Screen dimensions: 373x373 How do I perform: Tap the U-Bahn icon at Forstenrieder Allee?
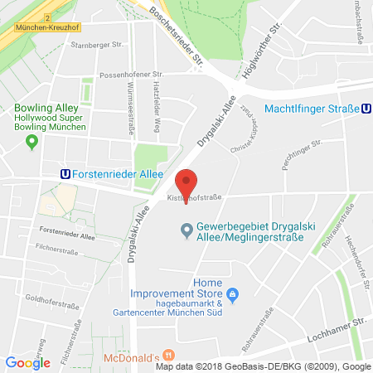click(x=65, y=174)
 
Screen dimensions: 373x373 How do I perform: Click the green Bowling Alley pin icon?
click(x=32, y=142)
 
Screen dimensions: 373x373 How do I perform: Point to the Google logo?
click(x=27, y=362)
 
